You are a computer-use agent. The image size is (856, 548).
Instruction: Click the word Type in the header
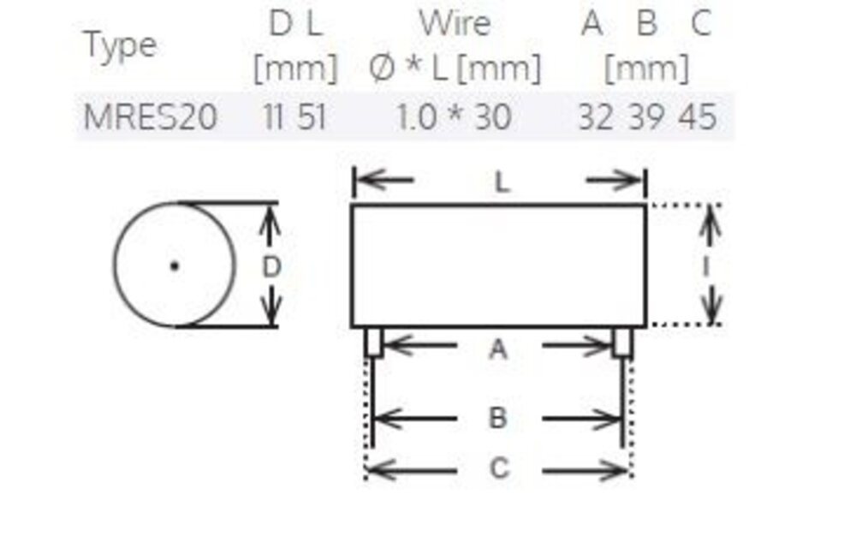pyautogui.click(x=120, y=45)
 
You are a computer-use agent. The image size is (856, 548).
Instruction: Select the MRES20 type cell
pyautogui.click(x=150, y=116)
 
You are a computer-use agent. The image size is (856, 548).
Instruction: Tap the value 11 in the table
pyautogui.click(x=274, y=116)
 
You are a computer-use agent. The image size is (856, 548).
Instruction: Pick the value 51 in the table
pyautogui.click(x=312, y=116)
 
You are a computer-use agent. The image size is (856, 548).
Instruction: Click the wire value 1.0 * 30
pyautogui.click(x=454, y=116)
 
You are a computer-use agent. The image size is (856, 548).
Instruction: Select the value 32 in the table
pyautogui.click(x=595, y=116)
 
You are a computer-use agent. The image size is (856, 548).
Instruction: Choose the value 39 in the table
pyautogui.click(x=646, y=116)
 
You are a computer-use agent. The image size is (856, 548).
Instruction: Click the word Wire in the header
pyautogui.click(x=455, y=23)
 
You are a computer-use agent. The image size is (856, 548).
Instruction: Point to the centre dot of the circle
pyautogui.click(x=175, y=265)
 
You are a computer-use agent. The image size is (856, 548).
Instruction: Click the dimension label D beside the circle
pyautogui.click(x=270, y=267)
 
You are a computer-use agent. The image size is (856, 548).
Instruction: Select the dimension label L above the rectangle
pyautogui.click(x=502, y=182)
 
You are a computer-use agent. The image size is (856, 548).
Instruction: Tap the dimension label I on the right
pyautogui.click(x=707, y=266)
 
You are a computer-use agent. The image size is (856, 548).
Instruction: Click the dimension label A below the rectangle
pyautogui.click(x=498, y=348)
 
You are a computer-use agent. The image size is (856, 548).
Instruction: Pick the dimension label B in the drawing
pyautogui.click(x=498, y=419)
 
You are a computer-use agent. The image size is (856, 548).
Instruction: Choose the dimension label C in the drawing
pyautogui.click(x=498, y=469)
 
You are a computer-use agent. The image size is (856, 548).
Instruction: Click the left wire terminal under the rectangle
pyautogui.click(x=373, y=342)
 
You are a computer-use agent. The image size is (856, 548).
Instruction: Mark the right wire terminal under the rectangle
pyautogui.click(x=622, y=342)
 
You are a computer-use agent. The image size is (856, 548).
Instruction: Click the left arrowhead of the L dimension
pyautogui.click(x=360, y=181)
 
